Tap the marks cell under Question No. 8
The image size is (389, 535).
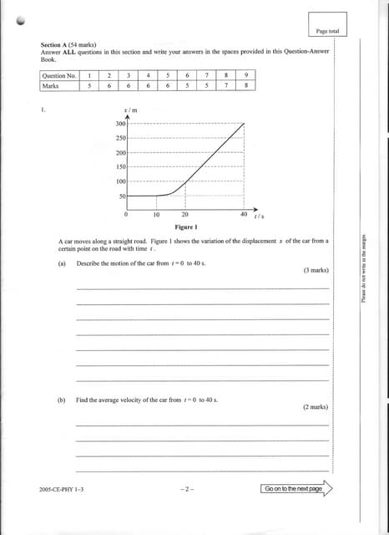tap(225, 84)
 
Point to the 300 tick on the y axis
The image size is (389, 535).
tap(120, 124)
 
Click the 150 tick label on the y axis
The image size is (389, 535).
tap(120, 167)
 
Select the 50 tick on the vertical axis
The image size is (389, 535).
tap(122, 196)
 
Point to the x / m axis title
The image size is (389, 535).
tap(130, 110)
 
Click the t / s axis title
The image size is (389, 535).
tap(260, 217)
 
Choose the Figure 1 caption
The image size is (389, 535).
tap(185, 227)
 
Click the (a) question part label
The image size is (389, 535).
tap(62, 263)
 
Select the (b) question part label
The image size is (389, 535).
tap(62, 400)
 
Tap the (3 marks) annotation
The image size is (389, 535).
tap(315, 271)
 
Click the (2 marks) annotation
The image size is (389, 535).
tap(315, 407)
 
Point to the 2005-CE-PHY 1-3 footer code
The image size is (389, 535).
tap(61, 488)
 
